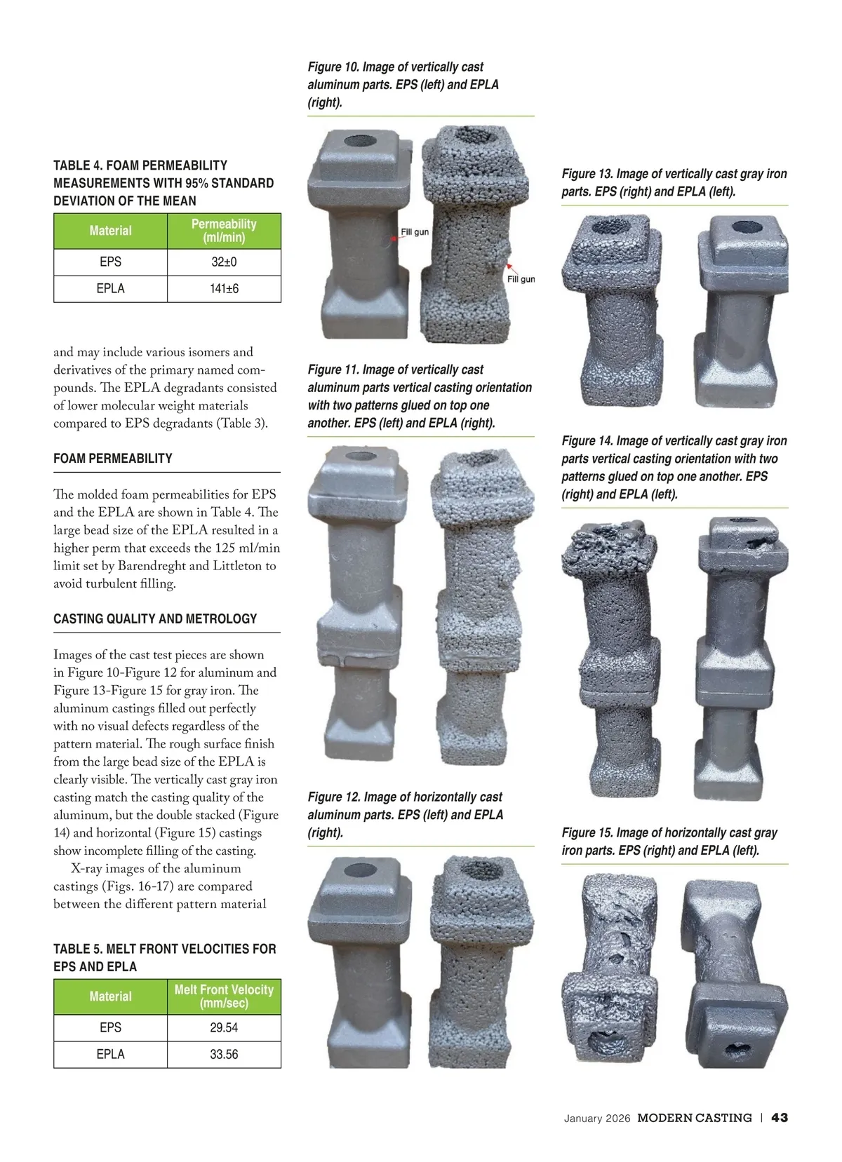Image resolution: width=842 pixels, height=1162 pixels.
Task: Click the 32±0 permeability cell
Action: (x=224, y=262)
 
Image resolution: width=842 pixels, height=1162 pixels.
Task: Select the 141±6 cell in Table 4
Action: (x=224, y=289)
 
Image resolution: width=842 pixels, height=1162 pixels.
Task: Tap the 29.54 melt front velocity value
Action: (x=224, y=1027)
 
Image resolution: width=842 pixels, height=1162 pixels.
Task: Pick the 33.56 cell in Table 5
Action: (x=224, y=1055)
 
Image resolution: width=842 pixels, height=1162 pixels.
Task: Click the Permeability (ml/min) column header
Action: (x=224, y=231)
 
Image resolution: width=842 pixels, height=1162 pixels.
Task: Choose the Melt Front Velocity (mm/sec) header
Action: (x=224, y=997)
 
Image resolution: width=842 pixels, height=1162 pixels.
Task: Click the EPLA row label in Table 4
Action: (x=111, y=289)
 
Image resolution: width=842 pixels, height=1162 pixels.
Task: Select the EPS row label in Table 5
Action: (x=111, y=1027)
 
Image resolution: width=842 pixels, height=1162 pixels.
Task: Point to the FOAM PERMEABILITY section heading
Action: (x=113, y=459)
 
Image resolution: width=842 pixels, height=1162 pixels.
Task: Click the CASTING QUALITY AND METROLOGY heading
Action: (x=155, y=619)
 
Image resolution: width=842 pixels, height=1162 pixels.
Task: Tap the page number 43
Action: (x=779, y=1118)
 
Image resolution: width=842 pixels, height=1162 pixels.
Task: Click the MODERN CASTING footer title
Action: (x=695, y=1118)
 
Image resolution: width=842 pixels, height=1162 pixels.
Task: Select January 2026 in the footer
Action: (x=597, y=1119)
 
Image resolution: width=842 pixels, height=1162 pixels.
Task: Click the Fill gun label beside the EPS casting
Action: (x=415, y=232)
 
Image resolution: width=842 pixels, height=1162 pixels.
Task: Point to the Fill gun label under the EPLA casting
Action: (x=521, y=279)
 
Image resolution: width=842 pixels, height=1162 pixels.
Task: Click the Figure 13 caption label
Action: (x=587, y=174)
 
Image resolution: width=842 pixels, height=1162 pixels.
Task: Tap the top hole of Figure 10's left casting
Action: (x=360, y=140)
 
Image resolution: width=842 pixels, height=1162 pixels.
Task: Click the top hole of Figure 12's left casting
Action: (x=360, y=870)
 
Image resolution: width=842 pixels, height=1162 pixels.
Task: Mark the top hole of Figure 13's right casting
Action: (x=747, y=227)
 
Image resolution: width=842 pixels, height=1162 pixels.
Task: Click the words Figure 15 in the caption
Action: (x=587, y=833)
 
